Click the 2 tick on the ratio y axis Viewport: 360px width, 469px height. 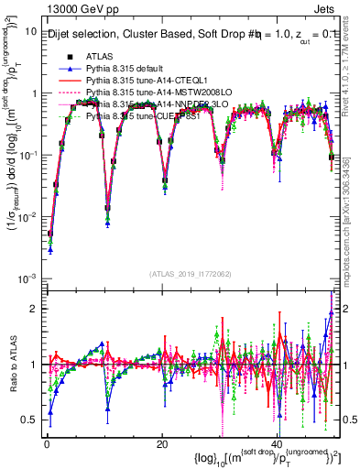pos(32,309)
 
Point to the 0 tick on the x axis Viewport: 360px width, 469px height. pos(46,442)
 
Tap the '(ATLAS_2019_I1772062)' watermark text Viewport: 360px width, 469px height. pos(191,273)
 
